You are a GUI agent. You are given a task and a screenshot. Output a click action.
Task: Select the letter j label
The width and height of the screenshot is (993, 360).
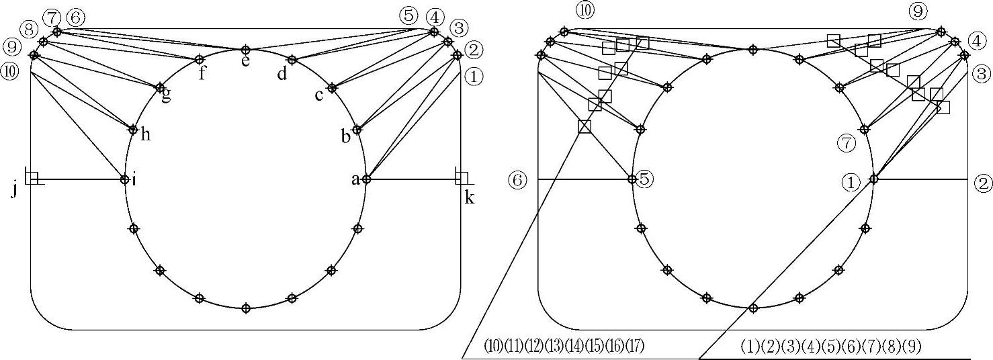tap(15, 191)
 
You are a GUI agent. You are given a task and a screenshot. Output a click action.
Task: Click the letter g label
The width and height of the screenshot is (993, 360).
tap(165, 98)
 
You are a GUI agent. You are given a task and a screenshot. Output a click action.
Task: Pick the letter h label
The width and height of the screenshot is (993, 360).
tap(145, 134)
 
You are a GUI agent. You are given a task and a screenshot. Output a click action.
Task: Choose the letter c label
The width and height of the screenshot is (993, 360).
tap(320, 95)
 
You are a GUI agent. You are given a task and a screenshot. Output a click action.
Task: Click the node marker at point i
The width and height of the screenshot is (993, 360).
tap(124, 179)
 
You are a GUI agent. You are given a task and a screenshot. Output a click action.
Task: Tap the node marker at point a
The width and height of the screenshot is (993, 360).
tap(366, 179)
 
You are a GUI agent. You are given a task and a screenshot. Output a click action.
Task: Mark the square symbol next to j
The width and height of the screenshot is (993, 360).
tap(31, 177)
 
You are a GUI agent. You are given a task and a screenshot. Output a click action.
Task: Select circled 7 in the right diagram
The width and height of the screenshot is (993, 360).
tap(847, 142)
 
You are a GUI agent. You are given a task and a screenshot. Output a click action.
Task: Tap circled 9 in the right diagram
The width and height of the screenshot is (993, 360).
tap(935, 11)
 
